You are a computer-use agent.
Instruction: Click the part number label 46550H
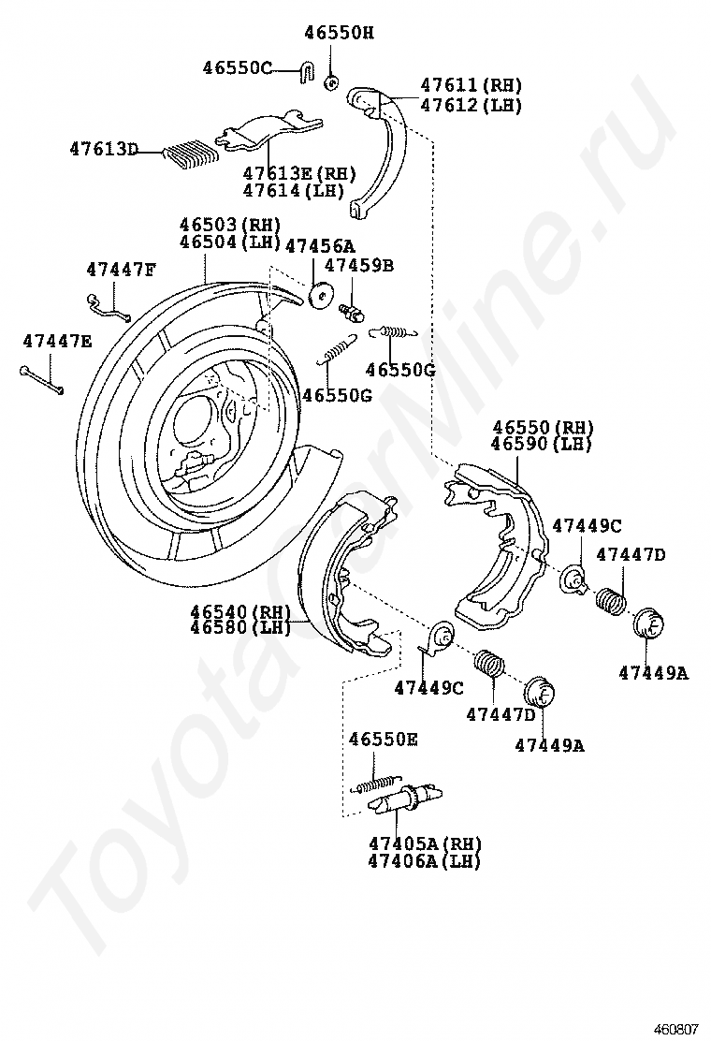[338, 33]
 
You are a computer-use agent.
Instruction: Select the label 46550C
[237, 67]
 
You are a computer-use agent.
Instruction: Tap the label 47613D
[103, 149]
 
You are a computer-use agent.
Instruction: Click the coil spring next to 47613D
[190, 152]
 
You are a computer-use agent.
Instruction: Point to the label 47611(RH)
[471, 85]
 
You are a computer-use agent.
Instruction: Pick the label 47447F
[121, 269]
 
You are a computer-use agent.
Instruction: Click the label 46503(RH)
[230, 225]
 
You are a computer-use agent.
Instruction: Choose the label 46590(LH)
[543, 444]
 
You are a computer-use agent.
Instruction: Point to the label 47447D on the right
[631, 554]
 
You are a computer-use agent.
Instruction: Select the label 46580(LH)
[239, 627]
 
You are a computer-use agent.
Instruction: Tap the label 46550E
[383, 740]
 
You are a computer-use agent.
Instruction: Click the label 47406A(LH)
[423, 860]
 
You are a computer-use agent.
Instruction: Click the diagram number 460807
[675, 1028]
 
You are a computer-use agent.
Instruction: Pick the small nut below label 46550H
[330, 82]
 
